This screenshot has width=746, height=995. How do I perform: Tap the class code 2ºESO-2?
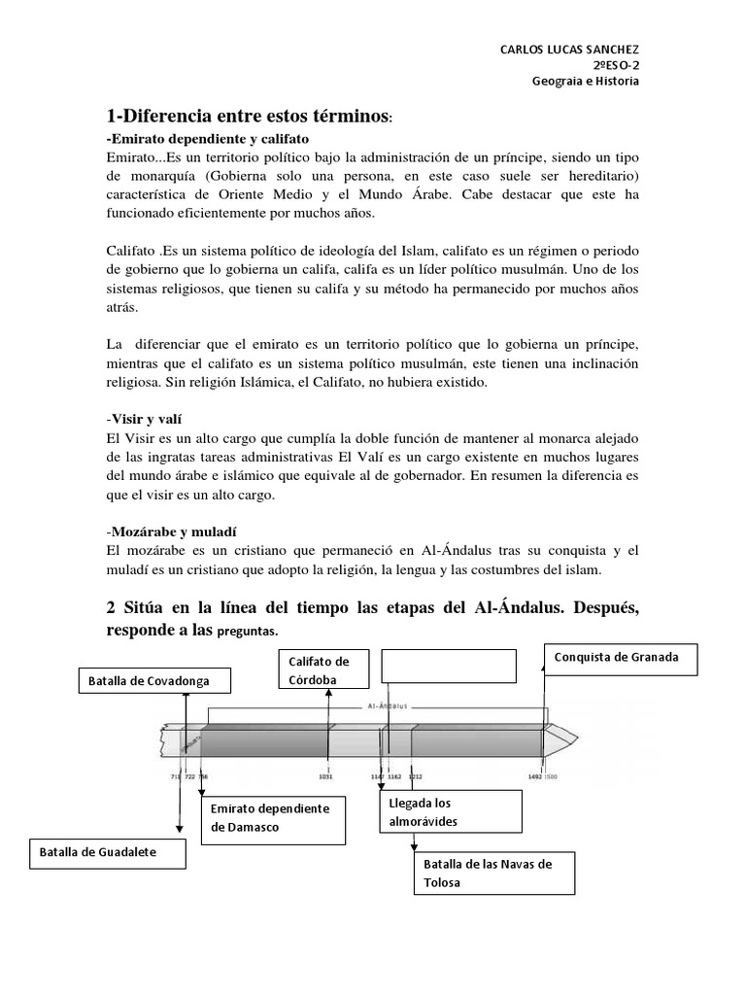[616, 65]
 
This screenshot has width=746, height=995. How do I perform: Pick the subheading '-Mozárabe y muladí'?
[172, 532]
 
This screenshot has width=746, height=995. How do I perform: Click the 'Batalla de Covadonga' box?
[156, 681]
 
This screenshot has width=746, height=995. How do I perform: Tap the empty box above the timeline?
[448, 667]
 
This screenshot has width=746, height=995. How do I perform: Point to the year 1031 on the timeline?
[327, 776]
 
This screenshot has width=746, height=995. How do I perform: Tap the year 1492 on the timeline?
[534, 776]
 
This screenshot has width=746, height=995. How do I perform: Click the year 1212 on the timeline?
[416, 776]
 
